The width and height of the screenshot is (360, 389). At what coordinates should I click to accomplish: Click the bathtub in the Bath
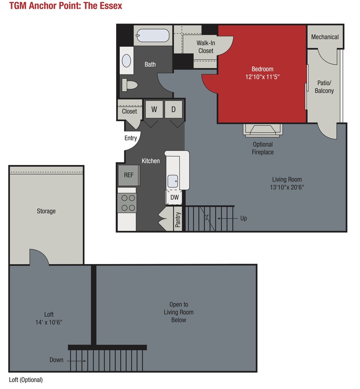(x=153, y=35)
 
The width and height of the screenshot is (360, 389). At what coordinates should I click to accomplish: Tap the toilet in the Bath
(x=130, y=85)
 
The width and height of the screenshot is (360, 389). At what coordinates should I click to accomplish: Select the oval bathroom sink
(x=126, y=60)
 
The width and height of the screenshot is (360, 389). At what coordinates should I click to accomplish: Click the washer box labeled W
(x=154, y=110)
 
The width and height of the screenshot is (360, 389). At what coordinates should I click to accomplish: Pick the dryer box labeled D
(x=174, y=110)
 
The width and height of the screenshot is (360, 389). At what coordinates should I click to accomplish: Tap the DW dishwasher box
(x=174, y=197)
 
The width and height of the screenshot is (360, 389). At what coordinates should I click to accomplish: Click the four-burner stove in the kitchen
(x=128, y=202)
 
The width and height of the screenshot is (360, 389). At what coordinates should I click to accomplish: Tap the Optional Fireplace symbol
(x=261, y=130)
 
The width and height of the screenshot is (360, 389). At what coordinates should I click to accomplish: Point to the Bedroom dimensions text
(x=262, y=77)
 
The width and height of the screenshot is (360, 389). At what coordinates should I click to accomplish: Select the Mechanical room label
(x=325, y=37)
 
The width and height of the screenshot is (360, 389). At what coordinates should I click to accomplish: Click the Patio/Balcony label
(x=324, y=87)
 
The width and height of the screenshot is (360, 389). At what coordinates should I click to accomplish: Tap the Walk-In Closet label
(x=206, y=47)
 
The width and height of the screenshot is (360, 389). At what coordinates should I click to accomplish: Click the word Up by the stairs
(x=243, y=218)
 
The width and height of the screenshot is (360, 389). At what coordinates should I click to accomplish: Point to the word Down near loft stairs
(x=57, y=360)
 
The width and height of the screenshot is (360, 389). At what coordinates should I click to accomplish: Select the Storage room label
(x=46, y=211)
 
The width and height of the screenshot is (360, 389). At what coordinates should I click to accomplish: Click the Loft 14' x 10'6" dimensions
(x=49, y=322)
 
